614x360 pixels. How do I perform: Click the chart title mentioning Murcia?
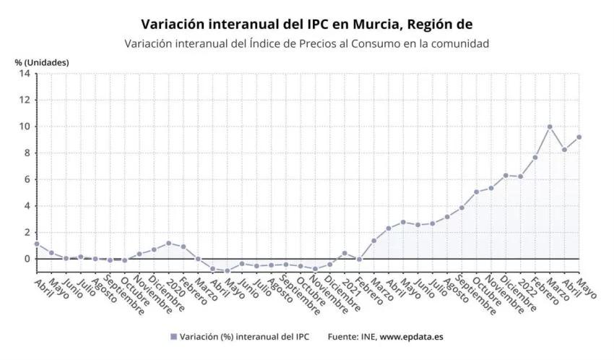pyautogui.click(x=306, y=25)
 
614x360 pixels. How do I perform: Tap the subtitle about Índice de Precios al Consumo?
pyautogui.click(x=306, y=43)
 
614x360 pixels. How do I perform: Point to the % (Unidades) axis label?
pyautogui.click(x=42, y=62)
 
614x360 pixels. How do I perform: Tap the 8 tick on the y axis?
pyautogui.click(x=27, y=153)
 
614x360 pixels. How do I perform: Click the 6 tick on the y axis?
pyautogui.click(x=27, y=179)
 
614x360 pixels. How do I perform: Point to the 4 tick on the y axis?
pyautogui.click(x=27, y=206)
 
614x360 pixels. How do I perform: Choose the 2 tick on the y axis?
pyautogui.click(x=27, y=232)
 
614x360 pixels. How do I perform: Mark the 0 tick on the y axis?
pyautogui.click(x=27, y=259)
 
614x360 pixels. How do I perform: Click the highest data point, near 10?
pyautogui.click(x=550, y=127)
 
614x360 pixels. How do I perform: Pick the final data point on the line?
pyautogui.click(x=579, y=137)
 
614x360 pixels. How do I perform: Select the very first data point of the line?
pyautogui.click(x=37, y=244)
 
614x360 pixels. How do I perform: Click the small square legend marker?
pyautogui.click(x=173, y=337)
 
